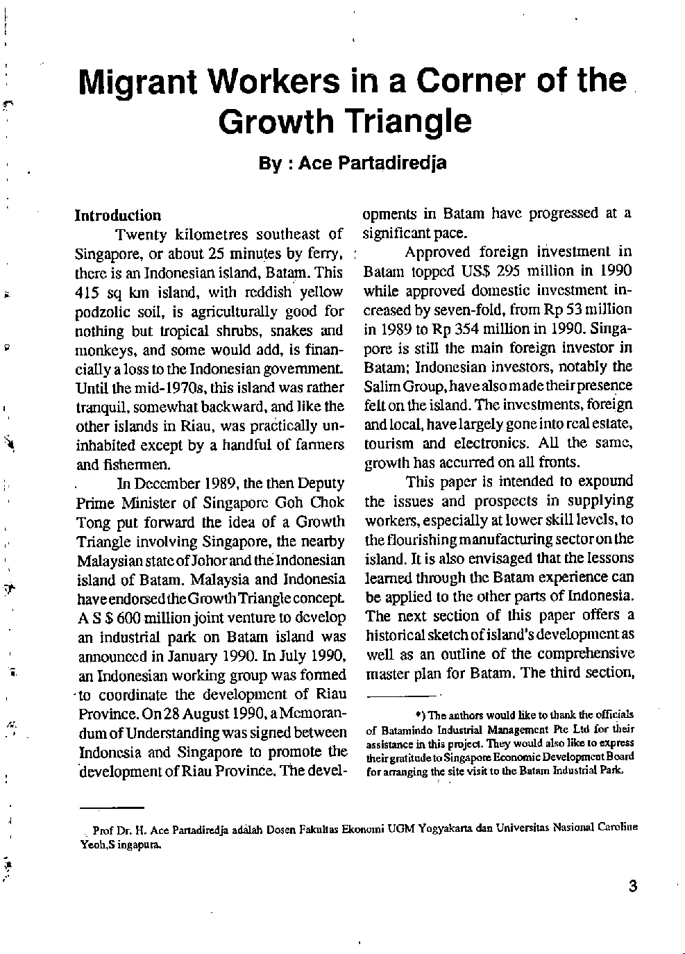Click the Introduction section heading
coord(118,215)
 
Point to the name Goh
coord(289,503)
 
